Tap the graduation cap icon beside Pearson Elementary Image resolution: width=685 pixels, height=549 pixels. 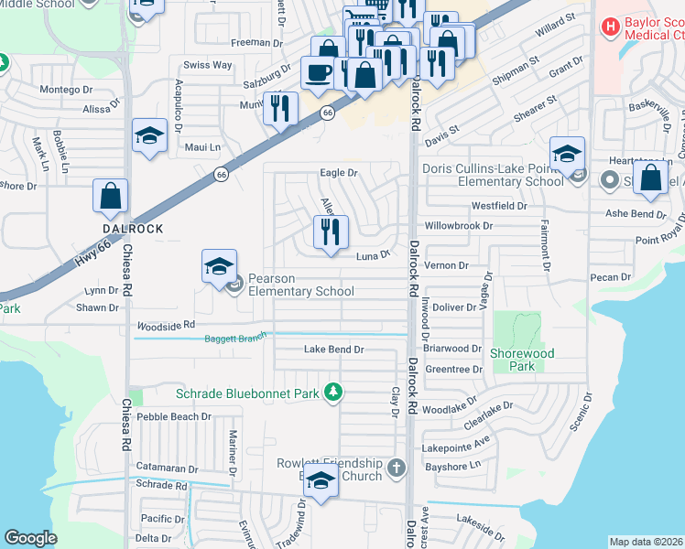click(x=219, y=266)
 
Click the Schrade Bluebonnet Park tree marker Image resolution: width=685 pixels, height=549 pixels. click(x=334, y=393)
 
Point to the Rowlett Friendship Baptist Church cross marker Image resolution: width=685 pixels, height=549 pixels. click(x=396, y=468)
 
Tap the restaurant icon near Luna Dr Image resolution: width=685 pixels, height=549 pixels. click(x=331, y=231)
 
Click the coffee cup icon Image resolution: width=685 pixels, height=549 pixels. click(x=318, y=72)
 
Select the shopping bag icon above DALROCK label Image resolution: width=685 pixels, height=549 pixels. click(x=110, y=196)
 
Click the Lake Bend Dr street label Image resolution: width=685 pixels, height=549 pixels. click(x=334, y=350)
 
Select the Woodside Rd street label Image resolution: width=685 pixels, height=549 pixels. click(x=166, y=325)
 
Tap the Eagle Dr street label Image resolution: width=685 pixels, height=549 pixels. click(x=338, y=172)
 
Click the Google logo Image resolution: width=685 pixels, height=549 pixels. click(x=30, y=538)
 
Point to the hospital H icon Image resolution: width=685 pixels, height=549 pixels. click(x=611, y=27)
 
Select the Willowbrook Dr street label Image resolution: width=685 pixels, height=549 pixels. click(x=458, y=225)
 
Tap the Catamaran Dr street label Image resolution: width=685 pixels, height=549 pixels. click(x=166, y=467)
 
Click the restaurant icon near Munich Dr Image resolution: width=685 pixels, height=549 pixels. click(x=280, y=109)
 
